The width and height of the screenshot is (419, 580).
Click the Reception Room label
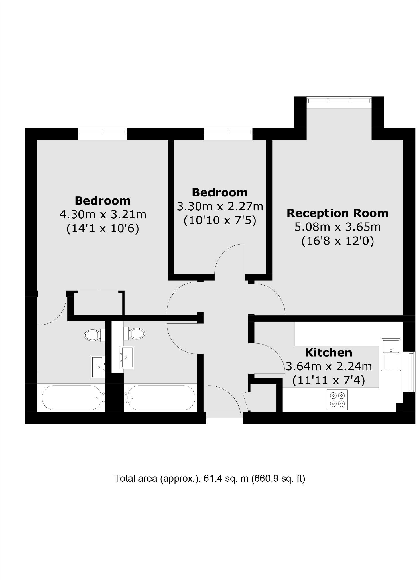(337, 213)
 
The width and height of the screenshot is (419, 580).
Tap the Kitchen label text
(328, 353)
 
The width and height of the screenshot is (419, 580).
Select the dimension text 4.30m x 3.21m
(103, 214)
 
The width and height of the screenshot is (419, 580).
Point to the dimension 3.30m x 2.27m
(220, 206)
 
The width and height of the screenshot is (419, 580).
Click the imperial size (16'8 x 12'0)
(338, 241)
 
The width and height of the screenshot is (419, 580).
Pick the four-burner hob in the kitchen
(337, 399)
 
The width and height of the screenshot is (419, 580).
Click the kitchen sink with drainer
(391, 354)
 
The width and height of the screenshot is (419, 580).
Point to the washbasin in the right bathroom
(126, 357)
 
